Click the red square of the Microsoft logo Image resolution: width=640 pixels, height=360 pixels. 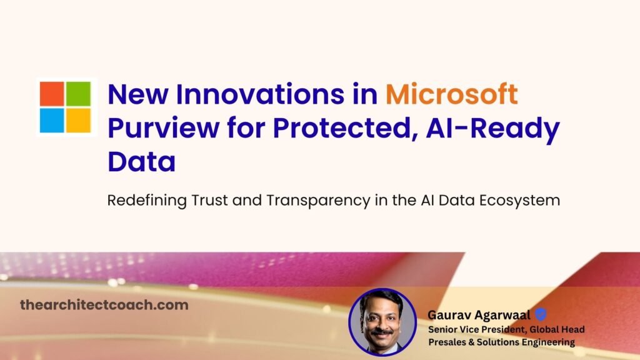point(52,93)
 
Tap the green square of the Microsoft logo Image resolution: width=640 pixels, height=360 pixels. point(78,93)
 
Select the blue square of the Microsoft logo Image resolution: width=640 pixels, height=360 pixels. point(52,120)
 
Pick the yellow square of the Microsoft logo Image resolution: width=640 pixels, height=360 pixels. point(78,120)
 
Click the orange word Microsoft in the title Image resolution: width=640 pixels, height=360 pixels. point(451,94)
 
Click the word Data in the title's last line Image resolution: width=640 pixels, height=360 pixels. point(141,162)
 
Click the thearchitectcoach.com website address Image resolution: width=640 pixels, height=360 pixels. point(104,305)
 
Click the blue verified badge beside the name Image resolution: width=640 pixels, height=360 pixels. point(539,315)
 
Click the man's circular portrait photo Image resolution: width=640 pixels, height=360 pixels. point(382,321)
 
